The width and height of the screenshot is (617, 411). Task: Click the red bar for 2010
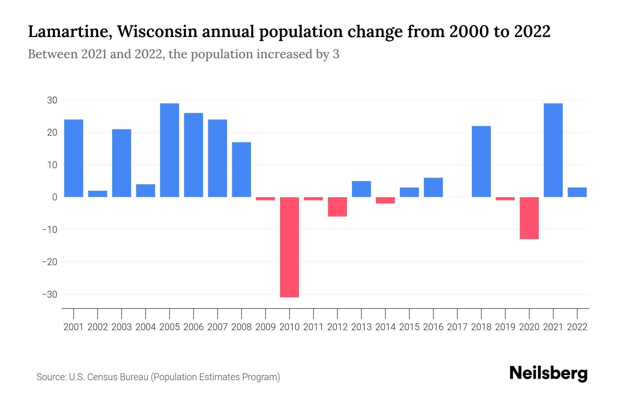coord(289,247)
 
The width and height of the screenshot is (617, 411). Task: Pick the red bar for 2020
coord(529,218)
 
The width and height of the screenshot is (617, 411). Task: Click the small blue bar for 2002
coord(98,194)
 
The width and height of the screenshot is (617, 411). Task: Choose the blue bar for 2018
coord(481,161)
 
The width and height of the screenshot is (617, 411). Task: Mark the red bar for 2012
coord(337,207)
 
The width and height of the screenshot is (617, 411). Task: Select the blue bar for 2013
coord(361,189)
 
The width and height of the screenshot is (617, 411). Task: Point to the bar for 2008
coord(242,170)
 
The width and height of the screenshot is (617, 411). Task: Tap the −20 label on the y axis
coord(49,262)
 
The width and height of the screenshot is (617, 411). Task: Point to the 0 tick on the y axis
coord(55,197)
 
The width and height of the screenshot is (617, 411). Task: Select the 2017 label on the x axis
coord(457,327)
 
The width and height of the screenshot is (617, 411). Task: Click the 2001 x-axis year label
coord(74,327)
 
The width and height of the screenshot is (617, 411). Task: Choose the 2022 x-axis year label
coord(577,327)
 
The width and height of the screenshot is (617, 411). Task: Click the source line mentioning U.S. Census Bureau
coord(158,377)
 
